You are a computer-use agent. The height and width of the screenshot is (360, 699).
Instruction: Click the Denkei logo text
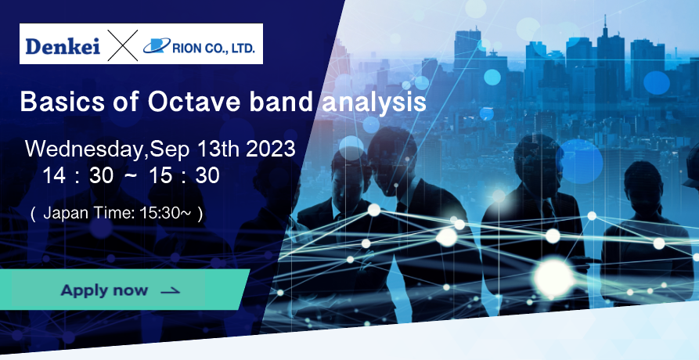point(63,46)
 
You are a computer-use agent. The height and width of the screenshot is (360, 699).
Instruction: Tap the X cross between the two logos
point(123,45)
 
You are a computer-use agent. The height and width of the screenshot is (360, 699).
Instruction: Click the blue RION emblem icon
point(157,45)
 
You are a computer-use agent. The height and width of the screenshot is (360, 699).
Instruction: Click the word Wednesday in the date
point(85,149)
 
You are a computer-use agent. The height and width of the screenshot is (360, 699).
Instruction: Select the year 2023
point(271,149)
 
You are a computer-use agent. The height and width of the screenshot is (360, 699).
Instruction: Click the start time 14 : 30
point(78,175)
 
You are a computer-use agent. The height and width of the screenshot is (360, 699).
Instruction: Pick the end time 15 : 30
point(184,175)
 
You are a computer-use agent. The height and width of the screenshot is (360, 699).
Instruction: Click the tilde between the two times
point(131,175)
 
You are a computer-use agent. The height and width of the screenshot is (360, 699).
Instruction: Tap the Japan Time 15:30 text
point(117,214)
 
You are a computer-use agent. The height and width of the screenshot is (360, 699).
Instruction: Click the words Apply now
point(104,290)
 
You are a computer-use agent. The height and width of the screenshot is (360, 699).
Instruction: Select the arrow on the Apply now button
point(171,291)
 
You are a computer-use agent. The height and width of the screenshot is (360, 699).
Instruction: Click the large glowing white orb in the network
point(554,277)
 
